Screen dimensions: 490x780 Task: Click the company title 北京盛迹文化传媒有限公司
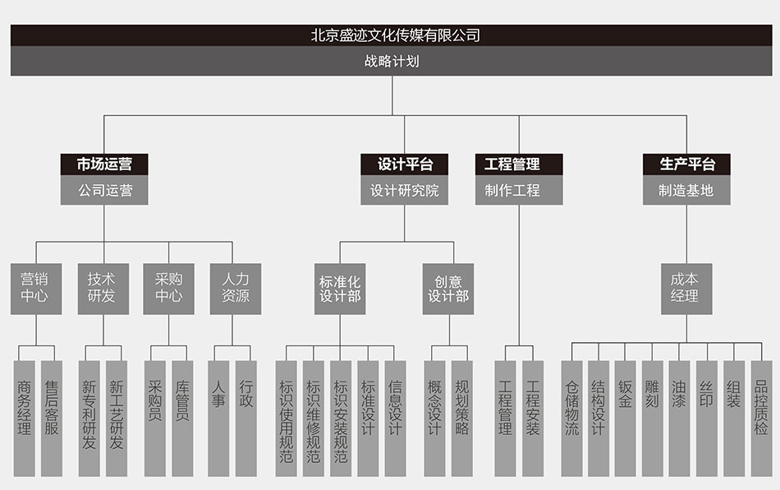(395, 35)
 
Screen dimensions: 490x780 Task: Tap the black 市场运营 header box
(104, 164)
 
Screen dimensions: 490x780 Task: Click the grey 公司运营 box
(104, 191)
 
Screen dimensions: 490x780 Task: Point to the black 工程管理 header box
(519, 164)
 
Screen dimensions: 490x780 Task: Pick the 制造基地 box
(686, 191)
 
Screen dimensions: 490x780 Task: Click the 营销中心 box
(36, 288)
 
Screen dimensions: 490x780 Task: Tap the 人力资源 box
(235, 288)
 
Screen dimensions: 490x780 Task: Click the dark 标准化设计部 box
(340, 288)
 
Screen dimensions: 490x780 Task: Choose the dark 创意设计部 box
(448, 288)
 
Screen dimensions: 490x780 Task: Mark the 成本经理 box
(686, 288)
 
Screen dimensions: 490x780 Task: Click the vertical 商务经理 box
(25, 418)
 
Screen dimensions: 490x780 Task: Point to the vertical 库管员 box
(182, 418)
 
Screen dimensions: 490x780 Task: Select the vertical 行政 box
(246, 418)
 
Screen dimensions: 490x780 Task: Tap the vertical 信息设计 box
(396, 418)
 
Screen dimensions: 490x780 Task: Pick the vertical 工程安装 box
(533, 418)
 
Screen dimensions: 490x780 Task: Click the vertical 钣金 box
(626, 418)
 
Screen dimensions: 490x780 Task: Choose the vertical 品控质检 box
(762, 418)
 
